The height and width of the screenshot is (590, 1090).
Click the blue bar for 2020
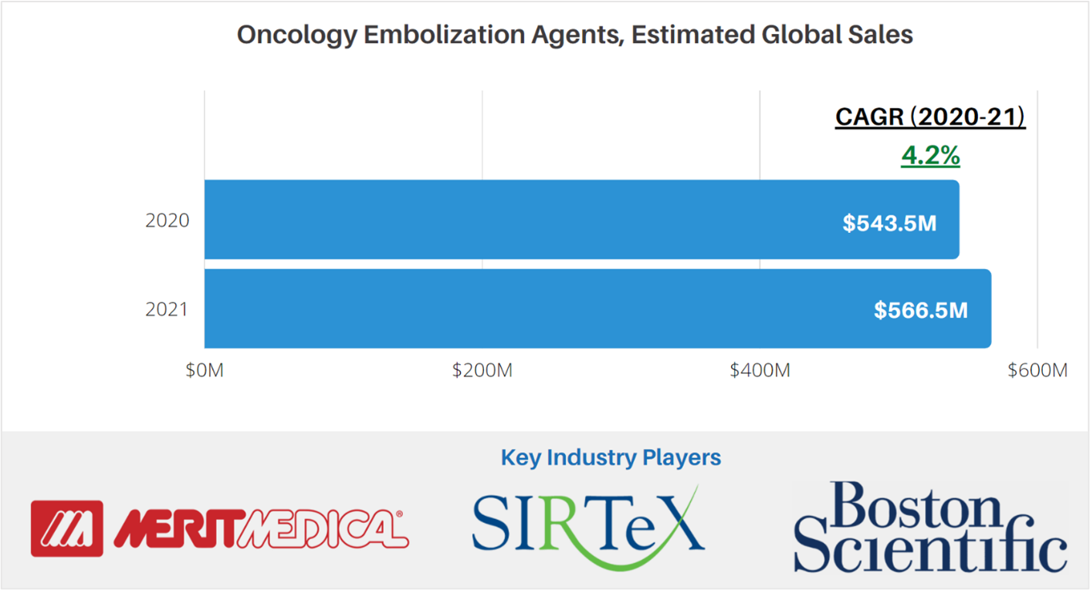(x=540, y=220)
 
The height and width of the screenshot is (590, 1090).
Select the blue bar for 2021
(x=540, y=308)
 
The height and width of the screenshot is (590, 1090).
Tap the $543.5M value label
(x=889, y=223)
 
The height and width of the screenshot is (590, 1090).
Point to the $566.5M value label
(x=921, y=310)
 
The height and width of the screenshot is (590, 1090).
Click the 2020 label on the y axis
(x=167, y=221)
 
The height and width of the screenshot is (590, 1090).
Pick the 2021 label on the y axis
(x=167, y=309)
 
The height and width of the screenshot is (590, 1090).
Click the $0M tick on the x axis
(x=205, y=370)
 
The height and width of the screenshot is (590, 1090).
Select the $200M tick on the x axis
(x=482, y=370)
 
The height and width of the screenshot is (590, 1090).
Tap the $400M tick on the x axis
(x=760, y=370)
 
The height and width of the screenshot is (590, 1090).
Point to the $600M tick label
(x=1038, y=370)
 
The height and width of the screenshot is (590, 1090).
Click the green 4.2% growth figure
(x=930, y=155)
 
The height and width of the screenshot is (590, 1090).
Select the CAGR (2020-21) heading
(x=930, y=117)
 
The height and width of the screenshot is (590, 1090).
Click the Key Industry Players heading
(x=611, y=457)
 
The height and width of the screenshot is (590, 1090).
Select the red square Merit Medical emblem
(x=66, y=528)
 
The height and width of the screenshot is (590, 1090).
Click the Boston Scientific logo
(x=930, y=527)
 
